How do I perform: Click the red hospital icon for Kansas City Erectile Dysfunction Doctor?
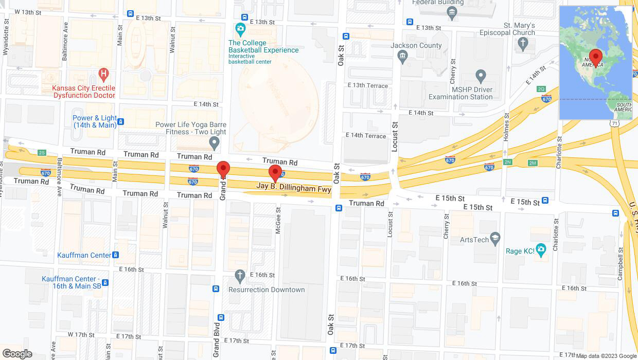[104, 74]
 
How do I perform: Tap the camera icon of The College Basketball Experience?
[240, 29]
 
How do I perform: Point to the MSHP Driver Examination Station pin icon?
[481, 77]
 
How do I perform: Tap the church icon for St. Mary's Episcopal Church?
[523, 44]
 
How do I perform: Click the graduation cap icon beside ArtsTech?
[495, 239]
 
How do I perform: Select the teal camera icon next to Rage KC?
[540, 250]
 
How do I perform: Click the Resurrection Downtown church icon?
[239, 276]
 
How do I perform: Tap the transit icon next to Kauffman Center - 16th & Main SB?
[105, 282]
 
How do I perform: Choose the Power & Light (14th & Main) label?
[95, 121]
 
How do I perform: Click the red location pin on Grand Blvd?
[223, 170]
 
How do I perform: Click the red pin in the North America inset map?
[596, 57]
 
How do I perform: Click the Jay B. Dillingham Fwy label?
[294, 189]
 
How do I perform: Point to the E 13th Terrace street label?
[368, 85]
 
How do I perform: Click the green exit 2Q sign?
[541, 89]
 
